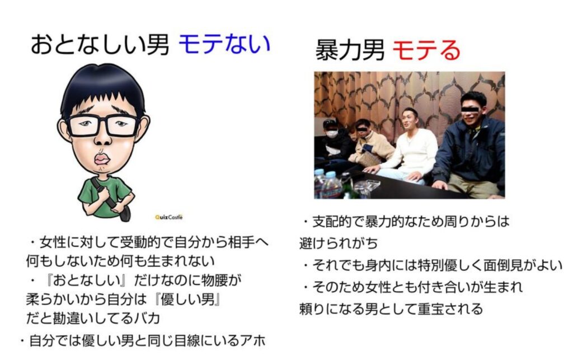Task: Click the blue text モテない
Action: tap(224, 44)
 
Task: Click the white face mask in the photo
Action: tap(332, 134)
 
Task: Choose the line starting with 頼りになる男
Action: tap(391, 308)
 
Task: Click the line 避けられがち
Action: tap(337, 243)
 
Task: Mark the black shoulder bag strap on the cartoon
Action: tap(109, 196)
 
